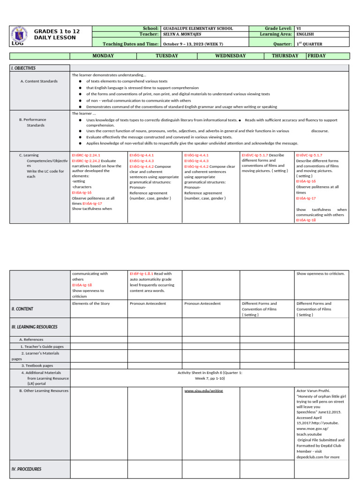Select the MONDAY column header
point(103,56)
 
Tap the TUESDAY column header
point(166,56)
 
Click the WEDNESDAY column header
point(230,56)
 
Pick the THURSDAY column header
point(285,56)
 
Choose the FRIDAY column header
point(316,56)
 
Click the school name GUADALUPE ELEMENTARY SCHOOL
point(197,29)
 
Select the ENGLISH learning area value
point(305,35)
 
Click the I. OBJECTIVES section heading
point(23,68)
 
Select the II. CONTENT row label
point(22,309)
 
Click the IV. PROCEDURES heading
point(26,469)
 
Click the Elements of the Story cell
point(91,304)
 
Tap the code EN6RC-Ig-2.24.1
point(86,155)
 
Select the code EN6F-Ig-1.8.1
point(141,274)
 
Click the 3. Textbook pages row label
point(37,365)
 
